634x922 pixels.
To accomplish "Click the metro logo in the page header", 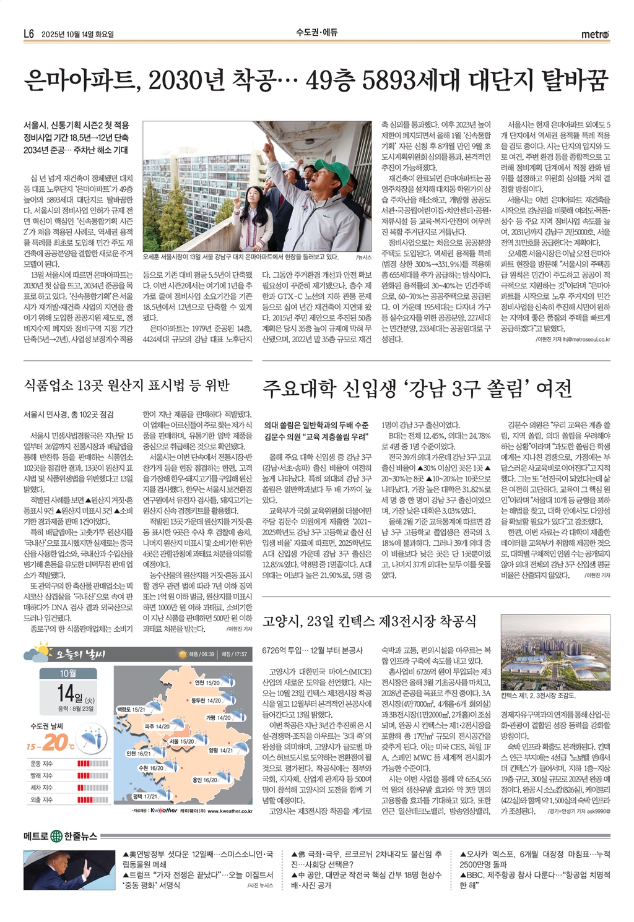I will click(594, 34).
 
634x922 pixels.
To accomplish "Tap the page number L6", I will click(28, 34).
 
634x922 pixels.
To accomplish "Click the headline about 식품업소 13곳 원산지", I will click(126, 386).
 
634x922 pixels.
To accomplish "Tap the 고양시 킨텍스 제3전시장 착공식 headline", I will click(370, 621).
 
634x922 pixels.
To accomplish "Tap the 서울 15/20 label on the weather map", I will click(181, 741).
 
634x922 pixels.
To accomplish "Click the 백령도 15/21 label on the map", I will click(131, 709).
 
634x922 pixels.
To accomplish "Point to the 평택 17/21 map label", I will click(145, 796).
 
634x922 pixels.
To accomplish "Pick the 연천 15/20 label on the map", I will click(207, 683).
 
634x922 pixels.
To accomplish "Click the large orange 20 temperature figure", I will click(55, 742).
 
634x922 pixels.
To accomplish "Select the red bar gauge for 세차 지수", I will click(93, 787).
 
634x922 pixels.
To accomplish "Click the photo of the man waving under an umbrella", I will click(69, 869).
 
